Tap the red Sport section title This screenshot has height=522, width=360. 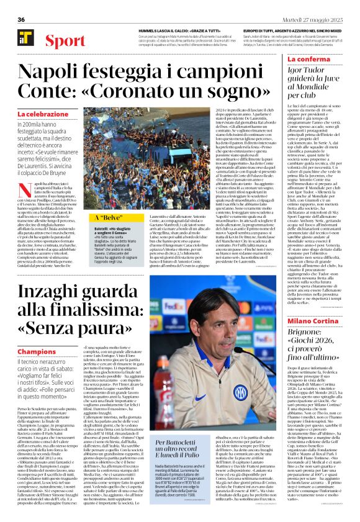(x=61, y=42)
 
